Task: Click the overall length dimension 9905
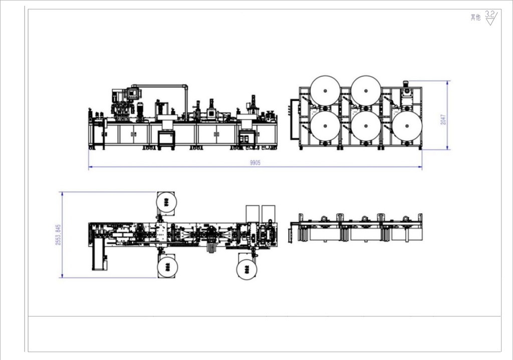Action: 255,163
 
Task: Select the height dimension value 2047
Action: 443,119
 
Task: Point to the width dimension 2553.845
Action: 58,234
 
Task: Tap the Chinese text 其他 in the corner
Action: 475,18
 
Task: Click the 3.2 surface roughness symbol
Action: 491,18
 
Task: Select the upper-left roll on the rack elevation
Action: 325,91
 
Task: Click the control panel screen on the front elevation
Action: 133,92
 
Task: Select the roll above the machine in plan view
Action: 166,202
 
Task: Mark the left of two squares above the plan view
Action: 252,212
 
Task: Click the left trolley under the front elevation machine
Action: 166,139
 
